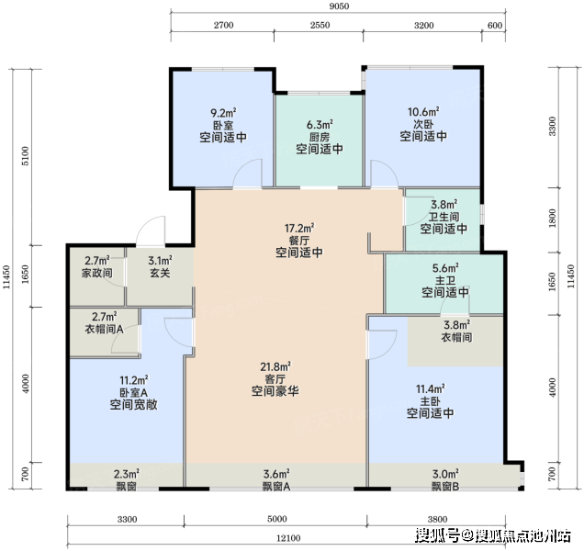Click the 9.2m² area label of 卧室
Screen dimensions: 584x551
coord(223,113)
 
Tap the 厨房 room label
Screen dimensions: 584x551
coord(320,137)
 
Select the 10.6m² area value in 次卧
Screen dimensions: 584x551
coord(423,112)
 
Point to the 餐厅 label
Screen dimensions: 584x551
coord(299,241)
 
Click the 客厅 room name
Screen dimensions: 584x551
coord(275,379)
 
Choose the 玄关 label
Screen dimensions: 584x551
coord(160,273)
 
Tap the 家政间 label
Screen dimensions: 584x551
coord(97,273)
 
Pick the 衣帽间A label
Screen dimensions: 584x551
coord(105,330)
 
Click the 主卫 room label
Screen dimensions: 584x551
coord(445,280)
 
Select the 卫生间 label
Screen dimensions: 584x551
coord(444,217)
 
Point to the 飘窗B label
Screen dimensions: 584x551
coord(445,486)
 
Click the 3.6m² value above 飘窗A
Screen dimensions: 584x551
coord(276,474)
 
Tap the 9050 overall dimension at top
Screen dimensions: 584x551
coord(340,6)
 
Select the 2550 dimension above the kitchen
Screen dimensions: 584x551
coord(320,25)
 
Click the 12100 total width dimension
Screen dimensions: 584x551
coord(288,538)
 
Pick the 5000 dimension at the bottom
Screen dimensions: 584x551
coord(277,519)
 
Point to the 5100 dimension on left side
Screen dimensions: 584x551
coord(25,156)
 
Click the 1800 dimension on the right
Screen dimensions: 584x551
coord(553,219)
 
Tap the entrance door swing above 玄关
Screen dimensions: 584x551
coord(151,231)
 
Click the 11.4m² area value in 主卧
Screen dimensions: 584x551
coord(430,389)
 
